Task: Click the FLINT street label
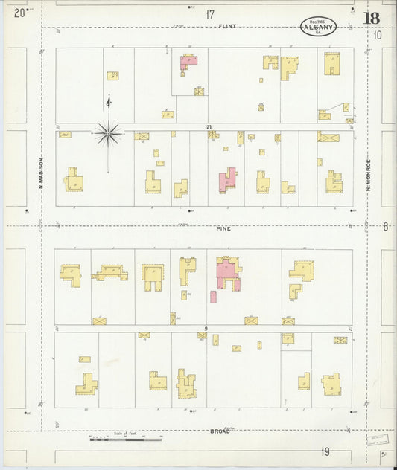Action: (227, 26)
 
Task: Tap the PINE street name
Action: (224, 228)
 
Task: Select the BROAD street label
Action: (220, 430)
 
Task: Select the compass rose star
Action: (109, 134)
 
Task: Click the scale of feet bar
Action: (124, 440)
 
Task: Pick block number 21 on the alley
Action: (209, 127)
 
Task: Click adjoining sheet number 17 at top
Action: (211, 13)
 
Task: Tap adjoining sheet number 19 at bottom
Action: (325, 451)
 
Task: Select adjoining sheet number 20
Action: (19, 13)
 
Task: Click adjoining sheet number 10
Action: (378, 34)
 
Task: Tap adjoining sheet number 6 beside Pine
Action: (386, 226)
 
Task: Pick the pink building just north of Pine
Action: (226, 179)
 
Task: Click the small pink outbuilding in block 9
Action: (213, 297)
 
